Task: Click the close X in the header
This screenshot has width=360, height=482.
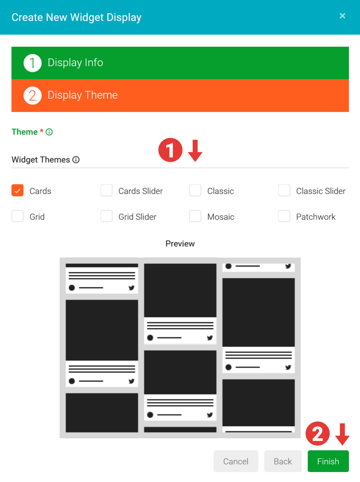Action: tap(342, 16)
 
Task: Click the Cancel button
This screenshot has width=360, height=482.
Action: tap(236, 461)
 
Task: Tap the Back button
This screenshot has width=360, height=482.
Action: tap(283, 461)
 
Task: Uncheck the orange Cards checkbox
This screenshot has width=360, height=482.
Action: tap(18, 190)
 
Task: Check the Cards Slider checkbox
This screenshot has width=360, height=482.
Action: tap(106, 190)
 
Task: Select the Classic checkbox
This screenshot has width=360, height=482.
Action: tap(195, 190)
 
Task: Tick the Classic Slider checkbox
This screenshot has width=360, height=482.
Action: tap(284, 190)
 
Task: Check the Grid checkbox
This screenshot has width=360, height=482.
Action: tap(18, 216)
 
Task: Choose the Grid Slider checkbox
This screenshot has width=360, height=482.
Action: tap(106, 216)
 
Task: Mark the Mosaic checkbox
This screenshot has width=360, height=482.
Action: tap(195, 216)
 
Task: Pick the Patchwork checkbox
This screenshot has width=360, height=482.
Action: tap(284, 216)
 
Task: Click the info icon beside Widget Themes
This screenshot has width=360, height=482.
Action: tap(76, 160)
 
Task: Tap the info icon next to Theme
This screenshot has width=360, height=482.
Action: tap(49, 132)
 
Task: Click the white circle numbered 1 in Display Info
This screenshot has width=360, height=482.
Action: tap(32, 63)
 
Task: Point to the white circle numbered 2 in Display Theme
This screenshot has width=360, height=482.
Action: tap(32, 96)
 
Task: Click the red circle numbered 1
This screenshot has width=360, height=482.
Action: tap(170, 150)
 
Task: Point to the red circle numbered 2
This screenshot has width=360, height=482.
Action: tap(318, 433)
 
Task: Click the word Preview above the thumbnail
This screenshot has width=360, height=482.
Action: tap(180, 244)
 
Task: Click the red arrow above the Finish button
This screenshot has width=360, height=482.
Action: tap(342, 434)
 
